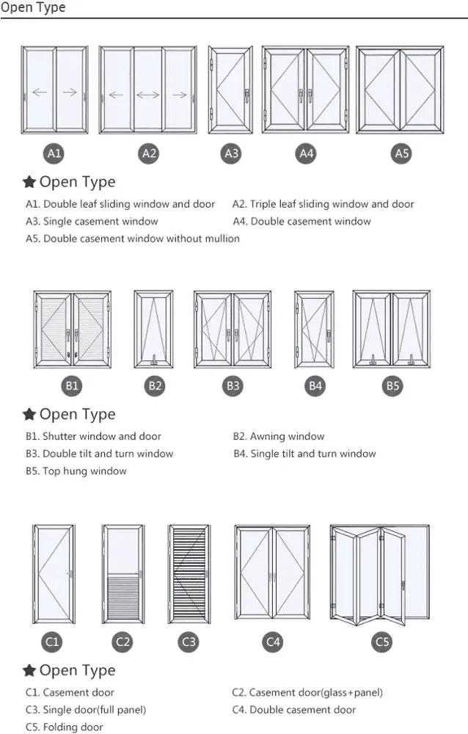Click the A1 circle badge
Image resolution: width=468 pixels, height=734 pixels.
coord(54,153)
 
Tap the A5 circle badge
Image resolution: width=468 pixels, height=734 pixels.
coord(401,153)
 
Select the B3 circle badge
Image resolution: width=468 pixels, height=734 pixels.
coord(233,385)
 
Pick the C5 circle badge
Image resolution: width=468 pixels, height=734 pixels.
coord(382,642)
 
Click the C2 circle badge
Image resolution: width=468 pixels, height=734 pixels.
coord(123,642)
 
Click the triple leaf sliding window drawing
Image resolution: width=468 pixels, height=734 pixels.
coord(148,91)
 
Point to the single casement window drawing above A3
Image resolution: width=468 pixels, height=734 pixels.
coord(230,91)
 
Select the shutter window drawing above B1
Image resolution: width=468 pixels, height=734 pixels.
coord(72,329)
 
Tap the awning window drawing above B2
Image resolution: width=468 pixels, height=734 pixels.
coord(154,329)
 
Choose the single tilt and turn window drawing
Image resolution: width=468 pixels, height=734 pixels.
coord(314,329)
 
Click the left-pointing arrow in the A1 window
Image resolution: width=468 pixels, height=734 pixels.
coord(40,92)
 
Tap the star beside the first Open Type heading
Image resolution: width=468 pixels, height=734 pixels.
coord(29,182)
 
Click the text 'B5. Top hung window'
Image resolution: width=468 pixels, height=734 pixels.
coord(76,471)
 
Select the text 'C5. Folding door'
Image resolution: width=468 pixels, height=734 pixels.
coord(65,727)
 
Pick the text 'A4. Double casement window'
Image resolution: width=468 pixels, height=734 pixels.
coord(301,221)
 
